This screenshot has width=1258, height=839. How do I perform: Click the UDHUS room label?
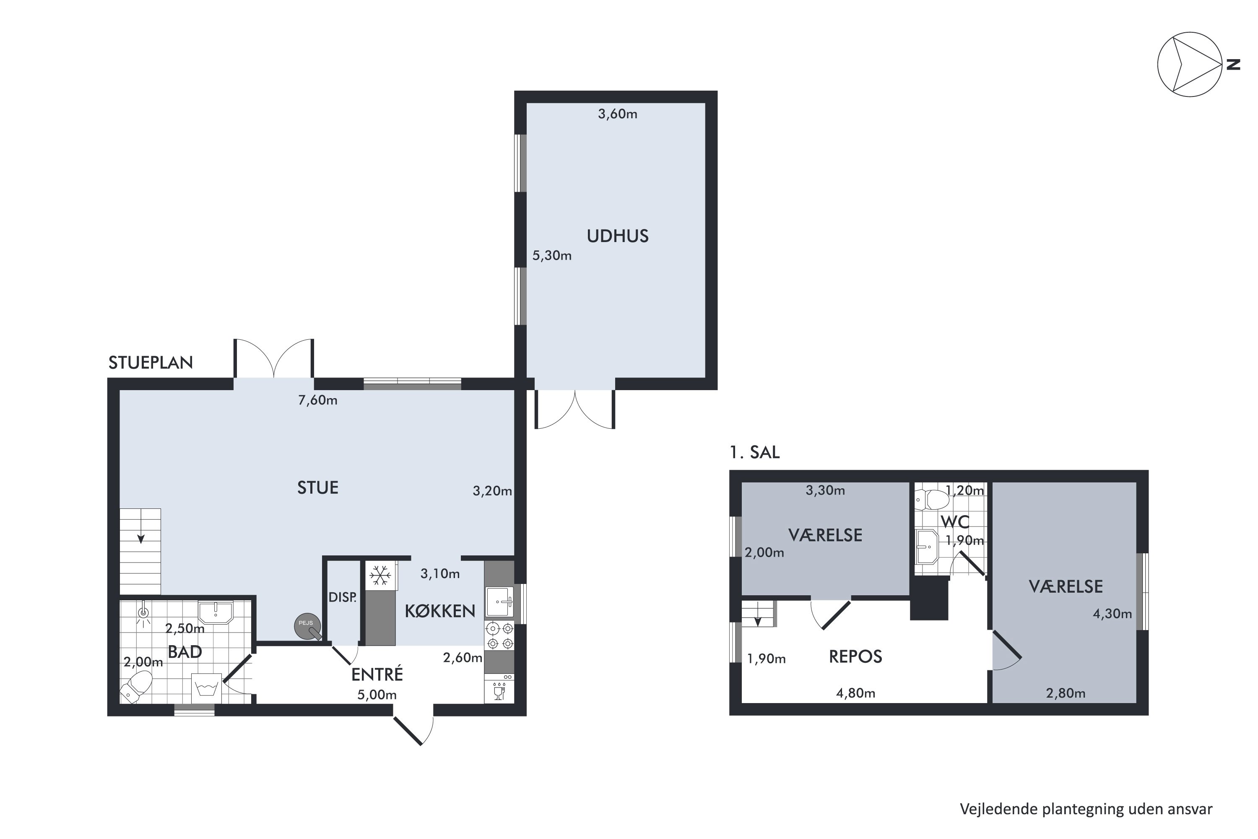pos(617,236)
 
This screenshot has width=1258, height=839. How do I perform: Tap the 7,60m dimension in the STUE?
pos(318,400)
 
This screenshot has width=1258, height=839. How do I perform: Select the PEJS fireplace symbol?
pos(308,625)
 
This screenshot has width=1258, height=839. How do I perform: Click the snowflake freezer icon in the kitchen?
pos(380,576)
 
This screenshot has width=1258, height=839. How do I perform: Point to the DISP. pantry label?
pos(342,598)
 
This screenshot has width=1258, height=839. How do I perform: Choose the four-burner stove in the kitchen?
pos(499,635)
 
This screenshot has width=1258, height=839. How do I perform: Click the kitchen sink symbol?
pos(499,602)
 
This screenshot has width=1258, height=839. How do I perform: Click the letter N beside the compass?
pos(1233,64)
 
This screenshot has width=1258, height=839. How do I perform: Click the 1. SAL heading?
pos(755,453)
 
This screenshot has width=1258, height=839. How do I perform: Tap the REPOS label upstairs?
pos(855,657)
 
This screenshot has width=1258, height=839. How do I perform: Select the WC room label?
pos(955,522)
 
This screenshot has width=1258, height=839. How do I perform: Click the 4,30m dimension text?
pos(1112,614)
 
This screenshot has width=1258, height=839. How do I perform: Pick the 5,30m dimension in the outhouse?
pos(552,256)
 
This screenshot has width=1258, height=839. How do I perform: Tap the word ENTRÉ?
pos(377,674)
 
